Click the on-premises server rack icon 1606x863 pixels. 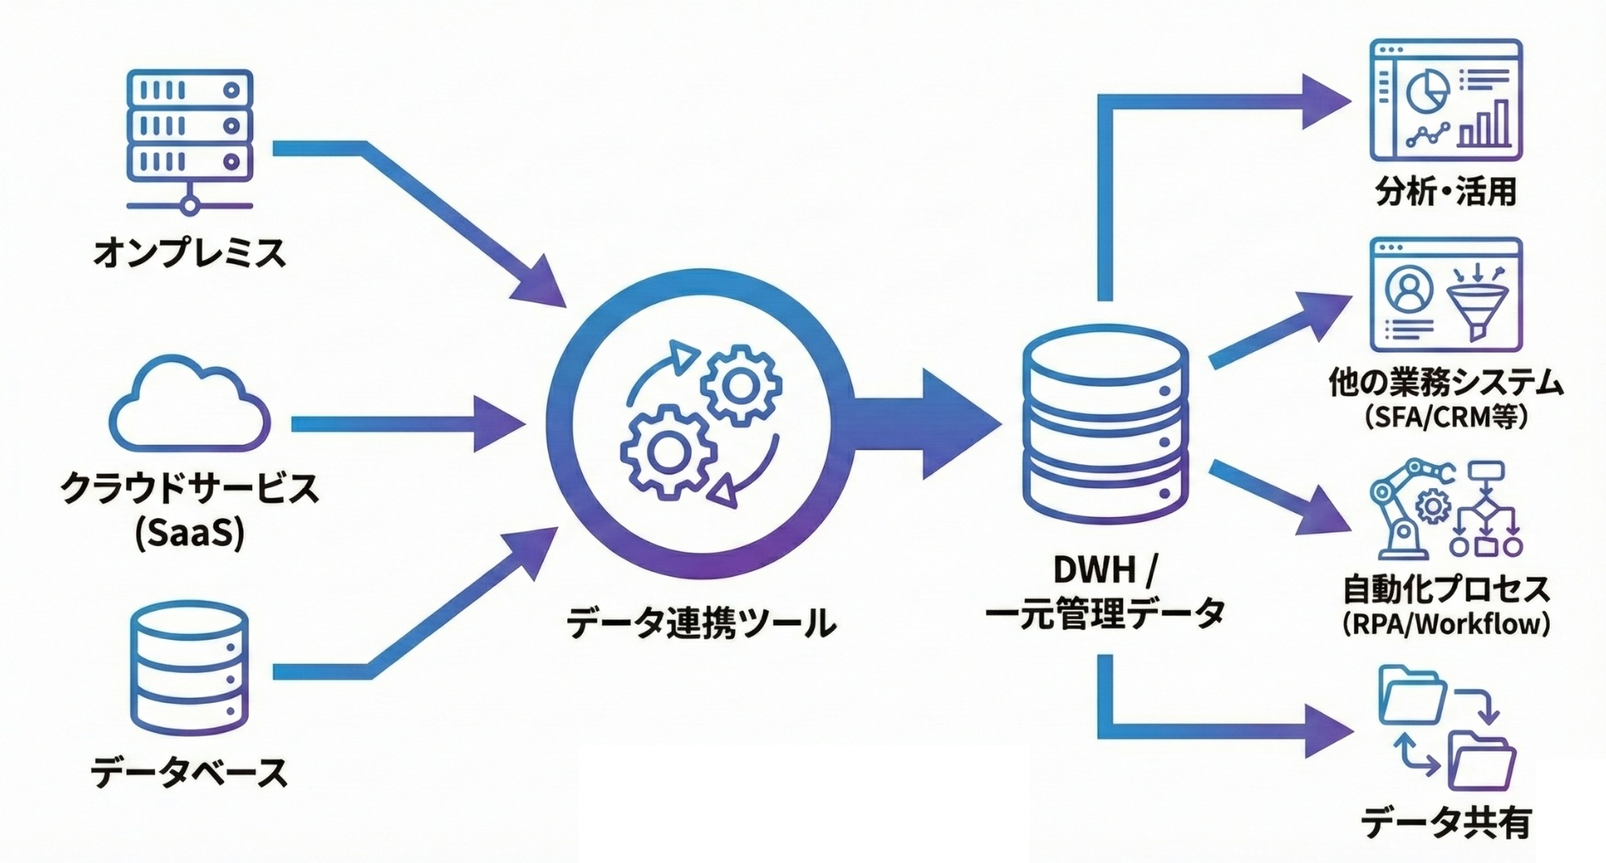(189, 136)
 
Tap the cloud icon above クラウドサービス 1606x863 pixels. (189, 406)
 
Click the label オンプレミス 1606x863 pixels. (189, 253)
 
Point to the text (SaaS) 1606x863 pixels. (189, 532)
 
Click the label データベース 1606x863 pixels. (189, 772)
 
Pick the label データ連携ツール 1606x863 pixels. (700, 623)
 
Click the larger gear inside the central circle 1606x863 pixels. (667, 452)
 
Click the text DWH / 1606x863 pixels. (1105, 569)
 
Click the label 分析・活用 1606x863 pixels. (1446, 191)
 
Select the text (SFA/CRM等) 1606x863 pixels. (1446, 417)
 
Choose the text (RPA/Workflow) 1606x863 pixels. (1446, 624)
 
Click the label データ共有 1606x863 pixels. (1446, 823)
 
